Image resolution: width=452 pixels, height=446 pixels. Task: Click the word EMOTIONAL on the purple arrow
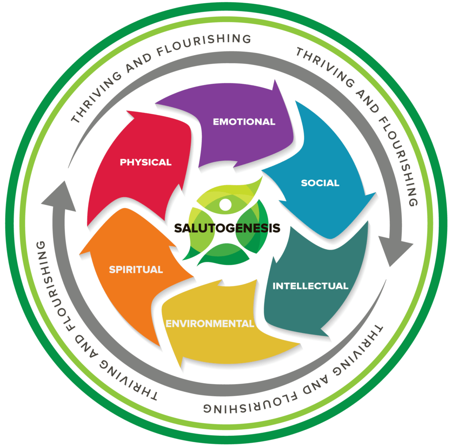tap(244, 122)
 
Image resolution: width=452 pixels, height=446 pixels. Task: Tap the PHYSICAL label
tap(146, 162)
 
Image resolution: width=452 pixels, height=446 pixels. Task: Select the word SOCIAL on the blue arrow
tap(320, 183)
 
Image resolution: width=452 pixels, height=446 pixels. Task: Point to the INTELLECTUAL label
tap(310, 286)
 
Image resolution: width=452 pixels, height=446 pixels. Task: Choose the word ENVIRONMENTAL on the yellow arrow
tap(210, 323)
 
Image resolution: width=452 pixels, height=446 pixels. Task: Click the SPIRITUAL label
tap(136, 270)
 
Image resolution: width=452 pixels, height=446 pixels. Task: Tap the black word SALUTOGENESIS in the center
tap(227, 228)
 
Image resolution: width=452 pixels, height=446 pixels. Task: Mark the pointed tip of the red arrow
tap(127, 111)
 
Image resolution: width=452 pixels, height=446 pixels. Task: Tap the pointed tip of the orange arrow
tap(80, 254)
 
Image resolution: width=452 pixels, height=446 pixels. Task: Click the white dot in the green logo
tap(225, 204)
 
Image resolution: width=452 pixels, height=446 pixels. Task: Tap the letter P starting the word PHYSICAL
tap(123, 162)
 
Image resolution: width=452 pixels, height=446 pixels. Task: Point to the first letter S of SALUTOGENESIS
tap(178, 228)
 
